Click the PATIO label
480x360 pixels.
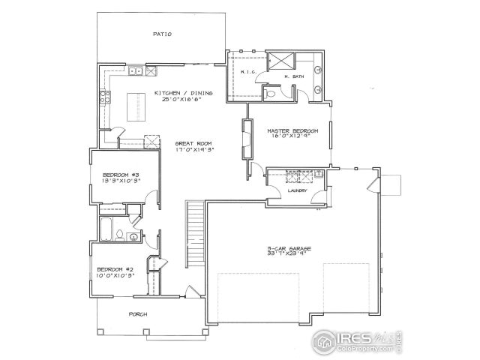(x=163, y=34)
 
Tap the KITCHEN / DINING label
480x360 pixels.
(x=184, y=93)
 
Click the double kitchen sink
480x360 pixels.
(x=135, y=72)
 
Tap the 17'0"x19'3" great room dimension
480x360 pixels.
(x=195, y=150)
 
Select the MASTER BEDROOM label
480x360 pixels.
(x=293, y=131)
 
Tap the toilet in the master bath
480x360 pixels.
(x=269, y=92)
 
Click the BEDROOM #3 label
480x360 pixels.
(x=121, y=175)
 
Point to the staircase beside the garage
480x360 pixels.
(x=195, y=232)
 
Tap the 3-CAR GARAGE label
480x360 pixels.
(x=288, y=247)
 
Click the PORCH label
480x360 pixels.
(x=138, y=313)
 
